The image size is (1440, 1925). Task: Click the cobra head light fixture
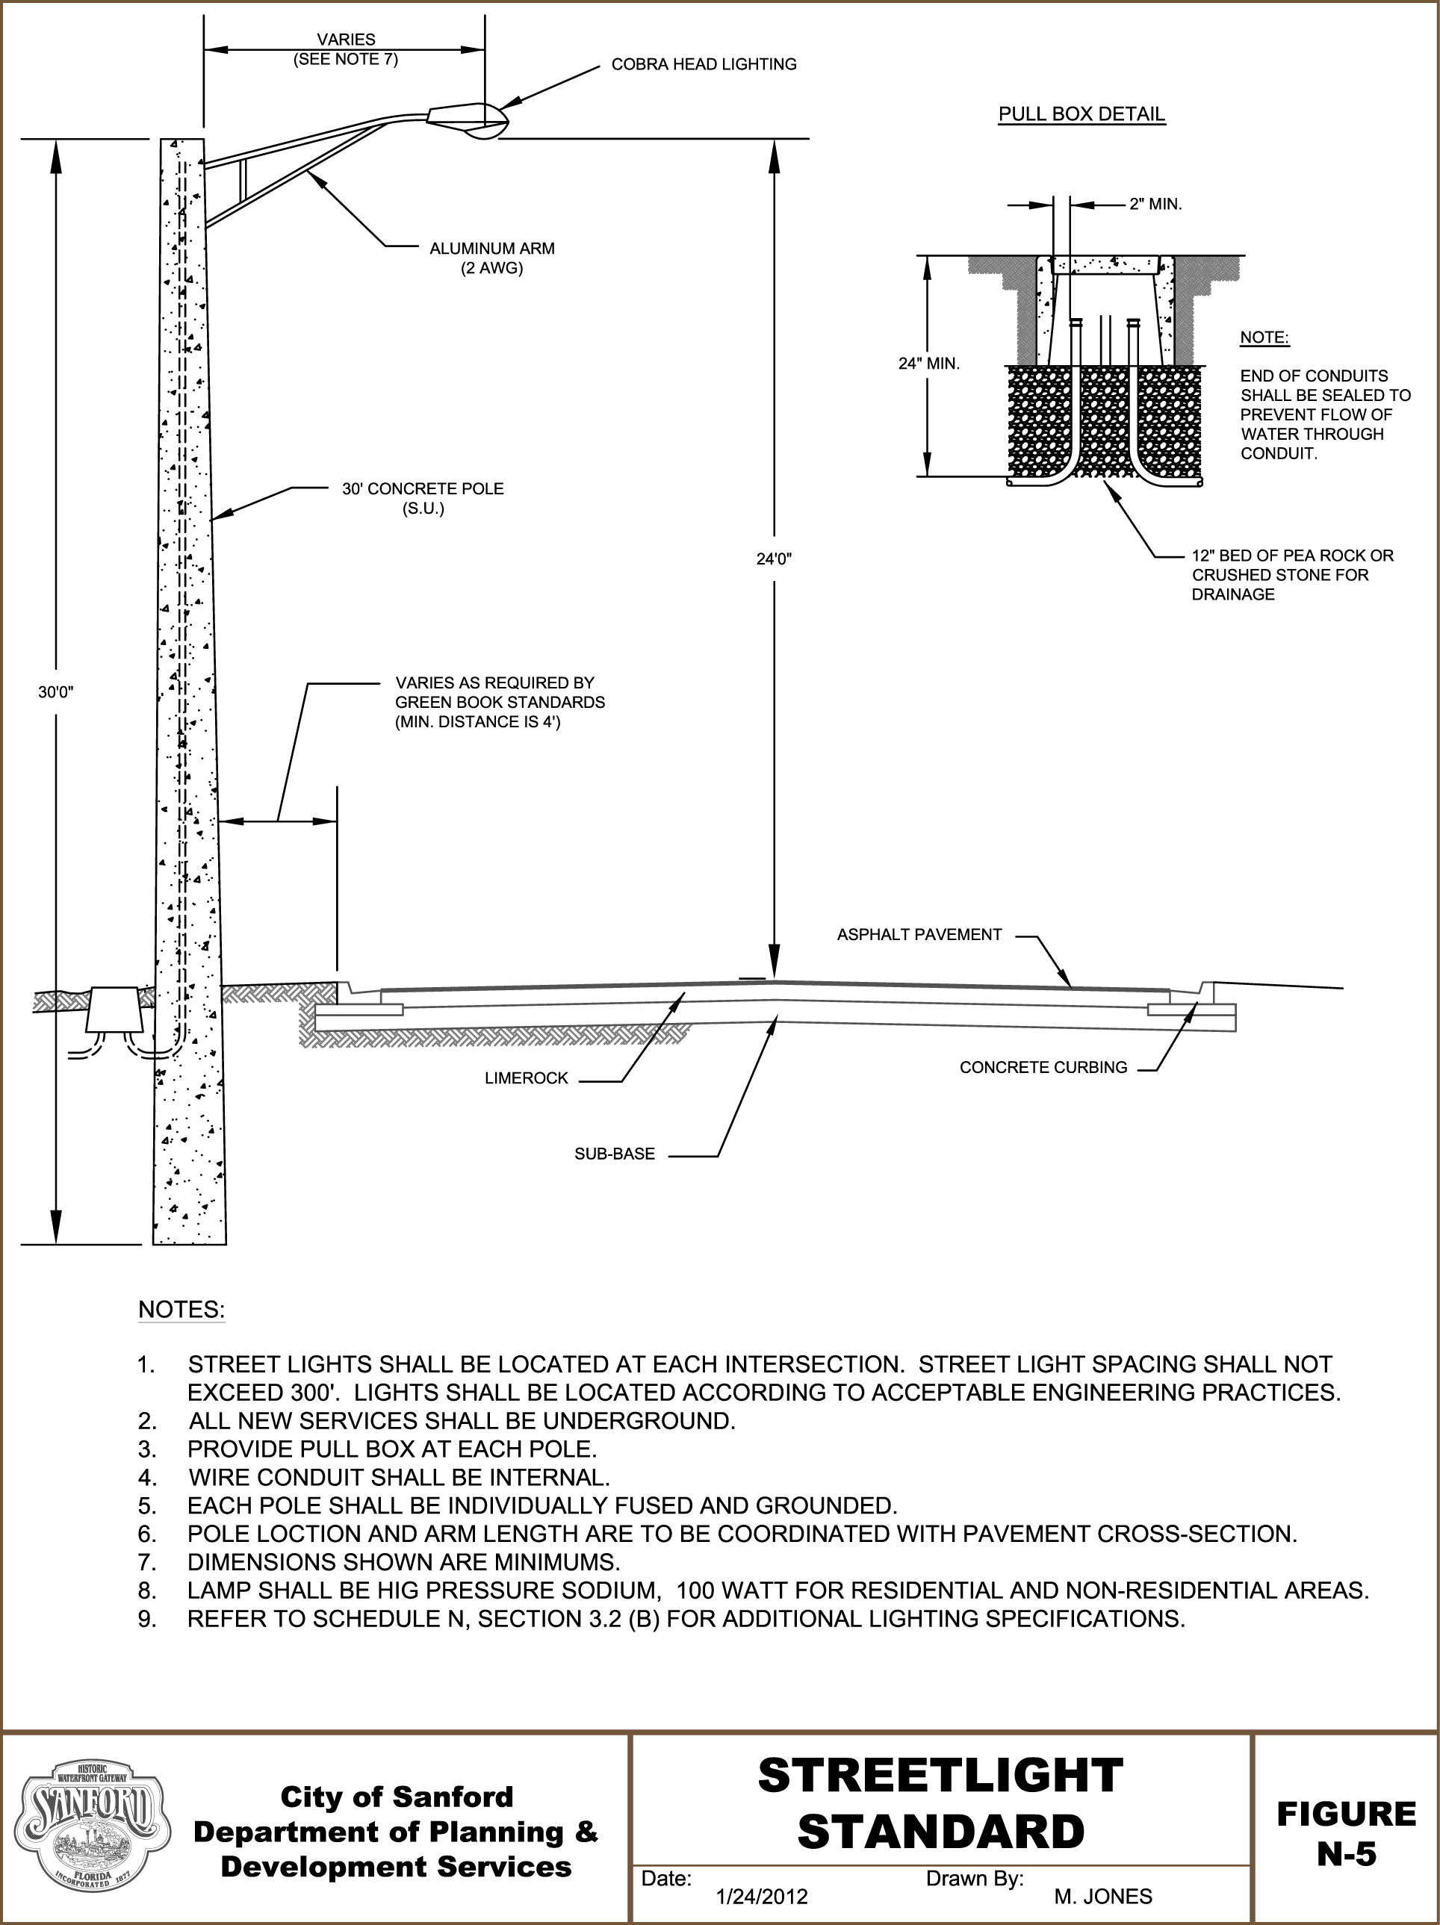pyautogui.click(x=467, y=120)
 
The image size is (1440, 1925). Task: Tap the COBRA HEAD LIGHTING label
pyautogui.click(x=704, y=64)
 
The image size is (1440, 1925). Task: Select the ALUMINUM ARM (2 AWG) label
pyautogui.click(x=492, y=258)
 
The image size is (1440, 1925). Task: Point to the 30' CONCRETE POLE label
pyautogui.click(x=422, y=499)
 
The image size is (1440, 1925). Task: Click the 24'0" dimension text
pyautogui.click(x=774, y=559)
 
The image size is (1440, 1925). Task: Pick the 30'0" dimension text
pyautogui.click(x=56, y=692)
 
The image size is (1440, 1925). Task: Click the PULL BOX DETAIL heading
pyautogui.click(x=1081, y=114)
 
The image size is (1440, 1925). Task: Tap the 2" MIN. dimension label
pyautogui.click(x=1155, y=205)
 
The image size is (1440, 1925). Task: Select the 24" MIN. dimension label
pyautogui.click(x=929, y=364)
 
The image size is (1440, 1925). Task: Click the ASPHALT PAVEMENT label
pyautogui.click(x=919, y=935)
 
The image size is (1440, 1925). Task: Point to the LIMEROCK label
pyautogui.click(x=526, y=1078)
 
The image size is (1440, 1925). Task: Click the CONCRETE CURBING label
pyautogui.click(x=1043, y=1067)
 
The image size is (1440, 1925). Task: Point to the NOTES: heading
pyautogui.click(x=181, y=1310)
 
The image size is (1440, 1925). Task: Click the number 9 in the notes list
pyautogui.click(x=147, y=1620)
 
